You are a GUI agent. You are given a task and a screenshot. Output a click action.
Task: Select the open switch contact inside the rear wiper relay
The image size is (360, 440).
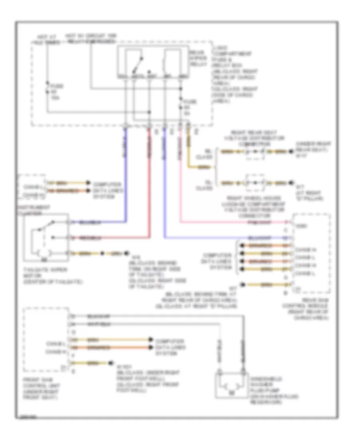click(138, 62)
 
